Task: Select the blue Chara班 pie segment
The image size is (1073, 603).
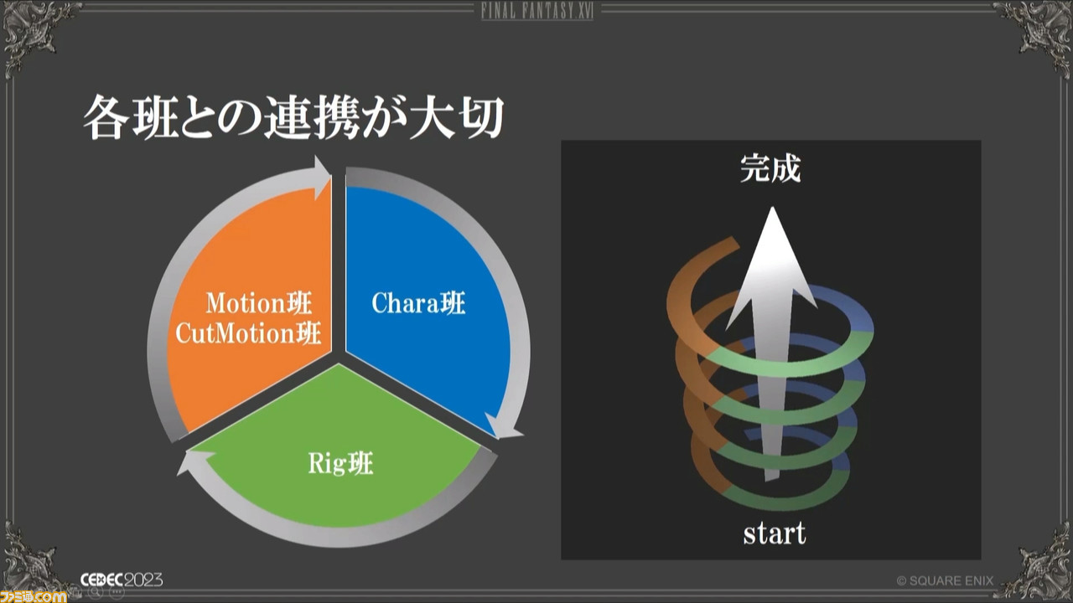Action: [x=427, y=307]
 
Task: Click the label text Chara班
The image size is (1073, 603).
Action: [x=418, y=303]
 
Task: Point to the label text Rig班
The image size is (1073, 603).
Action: [x=340, y=463]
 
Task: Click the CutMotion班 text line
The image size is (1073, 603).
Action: [x=247, y=333]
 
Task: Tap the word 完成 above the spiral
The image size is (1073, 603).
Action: [x=770, y=168]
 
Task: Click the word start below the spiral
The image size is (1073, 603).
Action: [x=774, y=533]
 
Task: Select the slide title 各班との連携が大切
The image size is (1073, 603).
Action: [x=293, y=116]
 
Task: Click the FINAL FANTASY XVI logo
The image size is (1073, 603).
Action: [x=537, y=11]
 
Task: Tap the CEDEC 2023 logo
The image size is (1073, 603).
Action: [x=122, y=580]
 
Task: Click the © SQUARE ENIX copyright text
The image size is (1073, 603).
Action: [x=945, y=580]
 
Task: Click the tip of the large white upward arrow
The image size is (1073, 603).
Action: [x=772, y=207]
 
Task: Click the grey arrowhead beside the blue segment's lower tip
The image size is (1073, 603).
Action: [x=503, y=427]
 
